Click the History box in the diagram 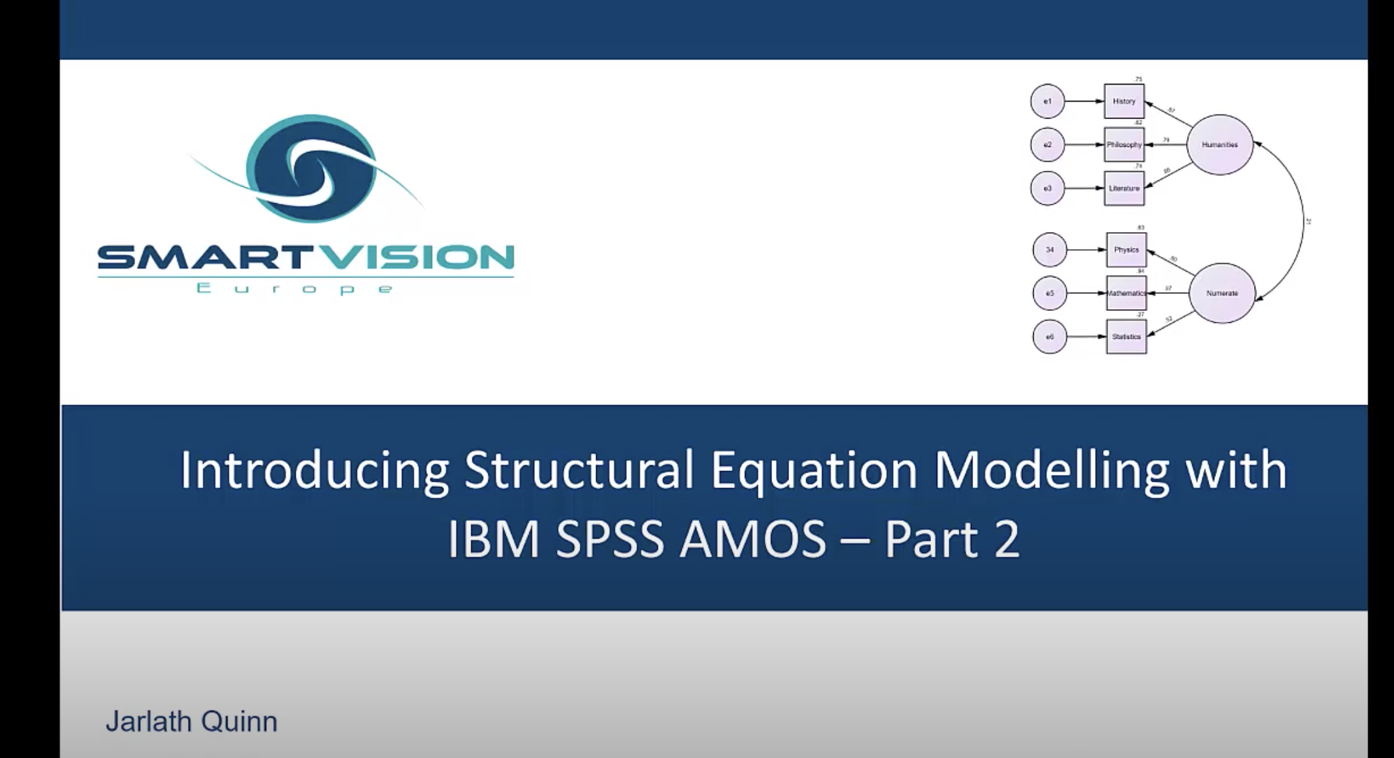1123,101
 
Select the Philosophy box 1123,144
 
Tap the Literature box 1123,188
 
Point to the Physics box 1126,250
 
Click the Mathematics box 1126,293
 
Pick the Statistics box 1126,336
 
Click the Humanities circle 1219,144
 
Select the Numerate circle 1222,293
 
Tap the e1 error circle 1047,101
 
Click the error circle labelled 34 1050,250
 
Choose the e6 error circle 1050,336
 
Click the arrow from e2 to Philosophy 1084,144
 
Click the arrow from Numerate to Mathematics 1168,293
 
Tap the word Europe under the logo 295,289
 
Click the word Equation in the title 814,470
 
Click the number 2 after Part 1007,539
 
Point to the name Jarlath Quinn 191,721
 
